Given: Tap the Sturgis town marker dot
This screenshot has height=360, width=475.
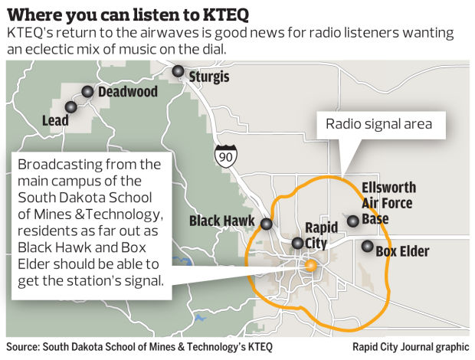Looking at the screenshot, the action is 179,71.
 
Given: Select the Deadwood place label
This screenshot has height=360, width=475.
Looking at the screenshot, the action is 128,93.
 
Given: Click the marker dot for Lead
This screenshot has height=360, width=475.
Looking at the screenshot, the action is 70,107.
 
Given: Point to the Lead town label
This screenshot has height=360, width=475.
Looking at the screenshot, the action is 55,120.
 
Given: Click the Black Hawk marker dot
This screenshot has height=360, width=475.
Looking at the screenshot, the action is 266,224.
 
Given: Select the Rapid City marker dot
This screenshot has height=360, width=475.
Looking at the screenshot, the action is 297,244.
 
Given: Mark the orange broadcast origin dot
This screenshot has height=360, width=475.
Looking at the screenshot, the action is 310,266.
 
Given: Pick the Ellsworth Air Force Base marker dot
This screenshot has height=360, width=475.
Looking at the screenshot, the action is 352,221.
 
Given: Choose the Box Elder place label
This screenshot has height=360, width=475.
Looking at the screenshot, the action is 403,251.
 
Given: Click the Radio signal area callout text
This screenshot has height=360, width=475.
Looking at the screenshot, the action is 379,123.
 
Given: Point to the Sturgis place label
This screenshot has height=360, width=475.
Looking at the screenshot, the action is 209,77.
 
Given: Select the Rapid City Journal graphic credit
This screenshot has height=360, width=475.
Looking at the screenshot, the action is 410,346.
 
